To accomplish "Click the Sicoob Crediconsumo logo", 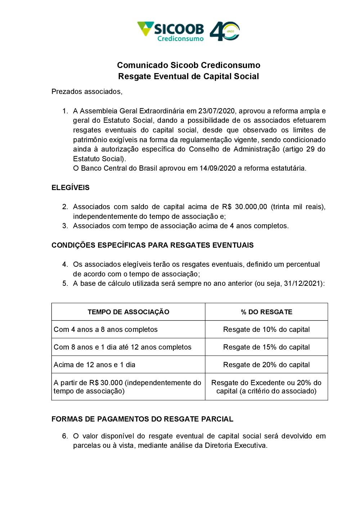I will pyautogui.click(x=171, y=31).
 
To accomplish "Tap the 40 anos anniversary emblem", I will pyautogui.click(x=225, y=31).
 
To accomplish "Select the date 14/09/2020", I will pyautogui.click(x=217, y=168).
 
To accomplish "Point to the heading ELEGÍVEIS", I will pyautogui.click(x=71, y=188).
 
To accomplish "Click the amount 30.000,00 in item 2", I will pyautogui.click(x=251, y=207).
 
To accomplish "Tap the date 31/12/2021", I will pyautogui.click(x=303, y=283).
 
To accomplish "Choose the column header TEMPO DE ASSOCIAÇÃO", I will pyautogui.click(x=129, y=312).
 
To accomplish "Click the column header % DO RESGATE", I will pyautogui.click(x=266, y=312).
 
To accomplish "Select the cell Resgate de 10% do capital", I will pyautogui.click(x=266, y=329).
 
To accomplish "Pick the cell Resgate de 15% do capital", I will pyautogui.click(x=266, y=347).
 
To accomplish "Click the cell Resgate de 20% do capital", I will pyautogui.click(x=266, y=365).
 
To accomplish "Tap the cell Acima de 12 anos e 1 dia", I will pyautogui.click(x=95, y=365).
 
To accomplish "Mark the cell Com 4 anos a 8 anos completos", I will pyautogui.click(x=105, y=329).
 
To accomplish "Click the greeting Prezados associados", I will pyautogui.click(x=87, y=91).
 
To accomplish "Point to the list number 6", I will pyautogui.click(x=65, y=436).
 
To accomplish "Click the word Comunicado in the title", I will pyautogui.click(x=143, y=65).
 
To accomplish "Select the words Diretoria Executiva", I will pyautogui.click(x=235, y=445).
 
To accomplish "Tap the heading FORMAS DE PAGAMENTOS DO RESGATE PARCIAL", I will pyautogui.click(x=142, y=419).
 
